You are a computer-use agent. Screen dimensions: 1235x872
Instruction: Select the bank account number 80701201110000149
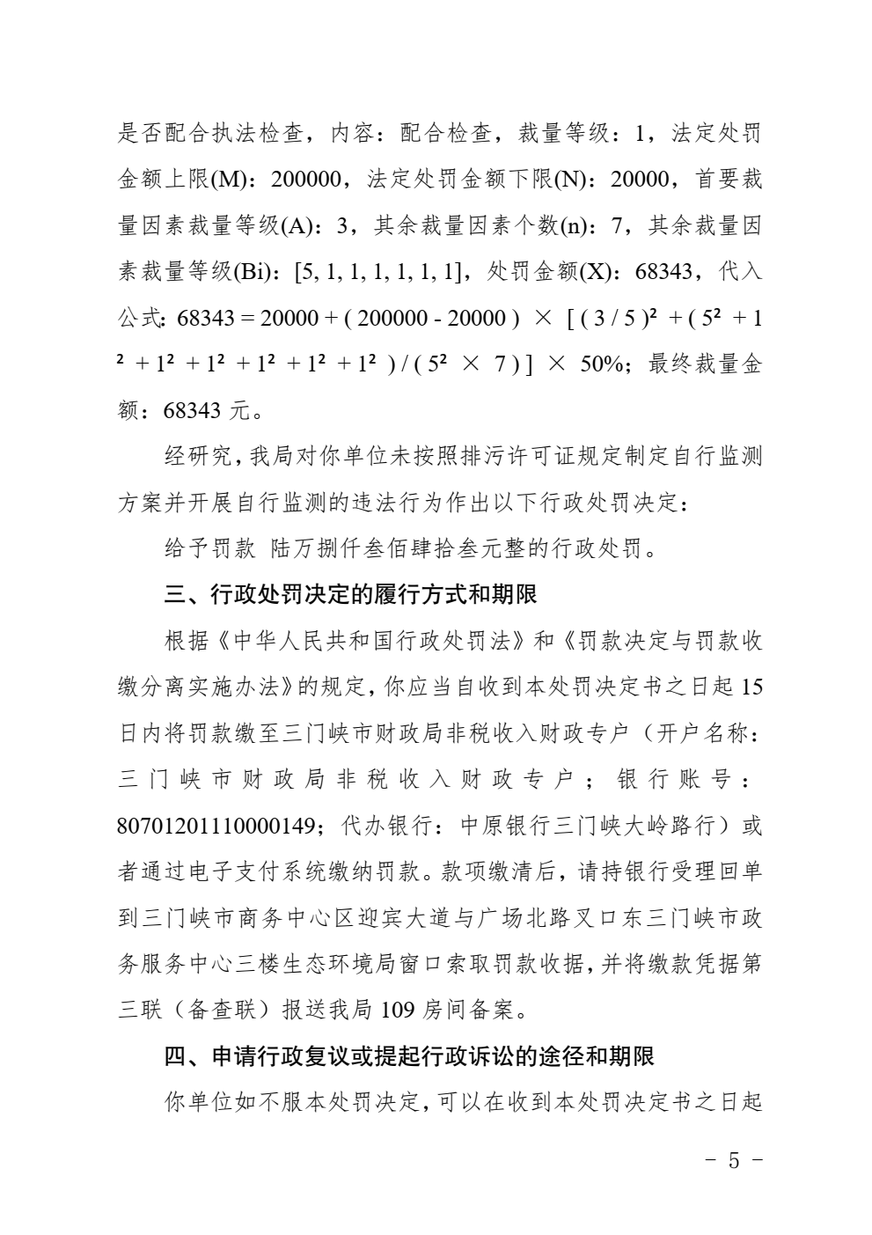[216, 827]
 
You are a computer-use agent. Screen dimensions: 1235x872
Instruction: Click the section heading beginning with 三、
[350, 595]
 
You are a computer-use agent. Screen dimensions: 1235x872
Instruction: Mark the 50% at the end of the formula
[602, 364]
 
